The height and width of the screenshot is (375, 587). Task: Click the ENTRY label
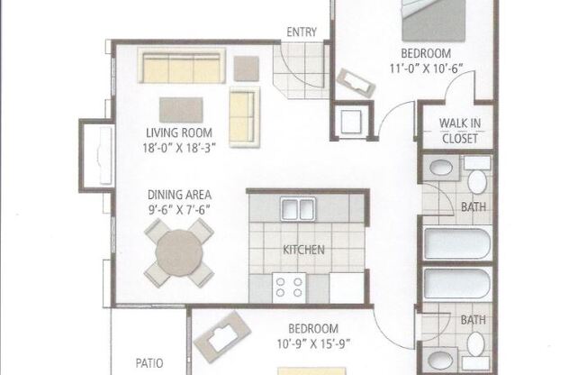301,32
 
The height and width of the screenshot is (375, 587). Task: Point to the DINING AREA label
180,194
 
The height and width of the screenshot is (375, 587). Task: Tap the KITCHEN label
303,250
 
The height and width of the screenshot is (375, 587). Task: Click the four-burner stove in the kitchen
289,288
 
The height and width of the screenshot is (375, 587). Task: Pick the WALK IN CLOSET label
458,131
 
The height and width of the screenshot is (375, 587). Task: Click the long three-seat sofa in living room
181,68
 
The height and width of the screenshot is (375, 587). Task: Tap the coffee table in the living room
181,109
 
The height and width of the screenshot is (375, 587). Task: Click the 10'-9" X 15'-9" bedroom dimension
313,343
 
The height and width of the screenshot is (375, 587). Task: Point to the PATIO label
149,363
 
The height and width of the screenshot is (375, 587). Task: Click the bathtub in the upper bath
457,244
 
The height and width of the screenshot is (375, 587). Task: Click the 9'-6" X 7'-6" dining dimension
180,208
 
